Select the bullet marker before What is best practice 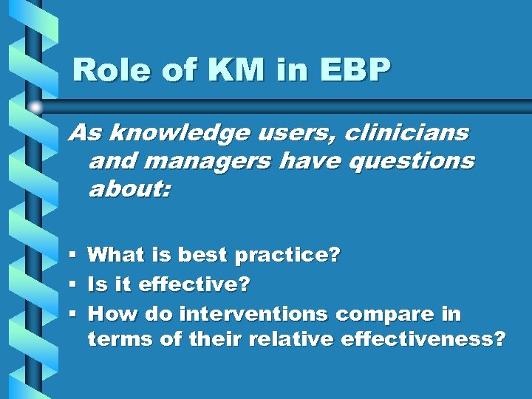pyautogui.click(x=73, y=256)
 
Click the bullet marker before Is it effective pyautogui.click(x=73, y=284)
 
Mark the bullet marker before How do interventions pyautogui.click(x=73, y=314)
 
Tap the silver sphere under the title pyautogui.click(x=36, y=108)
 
